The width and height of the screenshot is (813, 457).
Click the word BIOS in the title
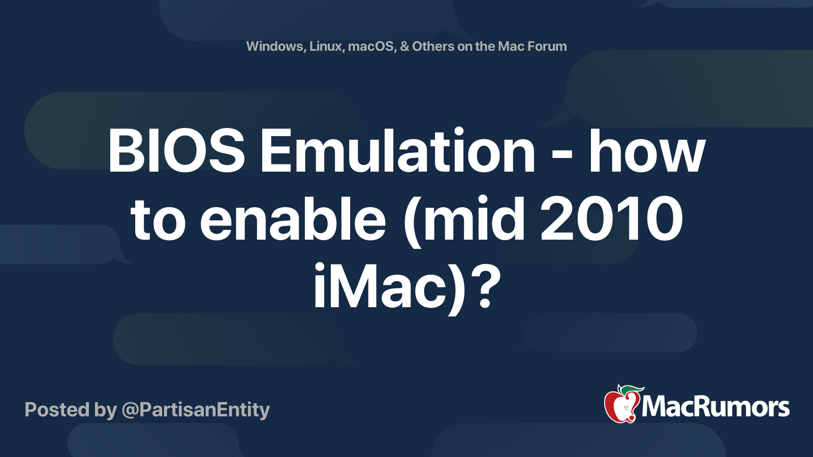coord(176,151)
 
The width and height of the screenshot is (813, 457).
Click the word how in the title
coord(646,151)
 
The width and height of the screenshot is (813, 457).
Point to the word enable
coord(293,220)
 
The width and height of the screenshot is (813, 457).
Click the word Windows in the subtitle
coord(275,47)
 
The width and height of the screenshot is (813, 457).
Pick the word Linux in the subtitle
coord(326,47)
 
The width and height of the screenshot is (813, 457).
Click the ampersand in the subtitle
coord(404,47)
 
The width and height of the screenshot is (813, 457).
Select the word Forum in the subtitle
coord(547,47)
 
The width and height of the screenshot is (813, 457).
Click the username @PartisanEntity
coord(196,410)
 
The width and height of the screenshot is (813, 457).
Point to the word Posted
coord(56,410)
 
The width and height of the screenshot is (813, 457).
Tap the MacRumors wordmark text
coord(715,407)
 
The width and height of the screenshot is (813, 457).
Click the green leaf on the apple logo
coord(632,390)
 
